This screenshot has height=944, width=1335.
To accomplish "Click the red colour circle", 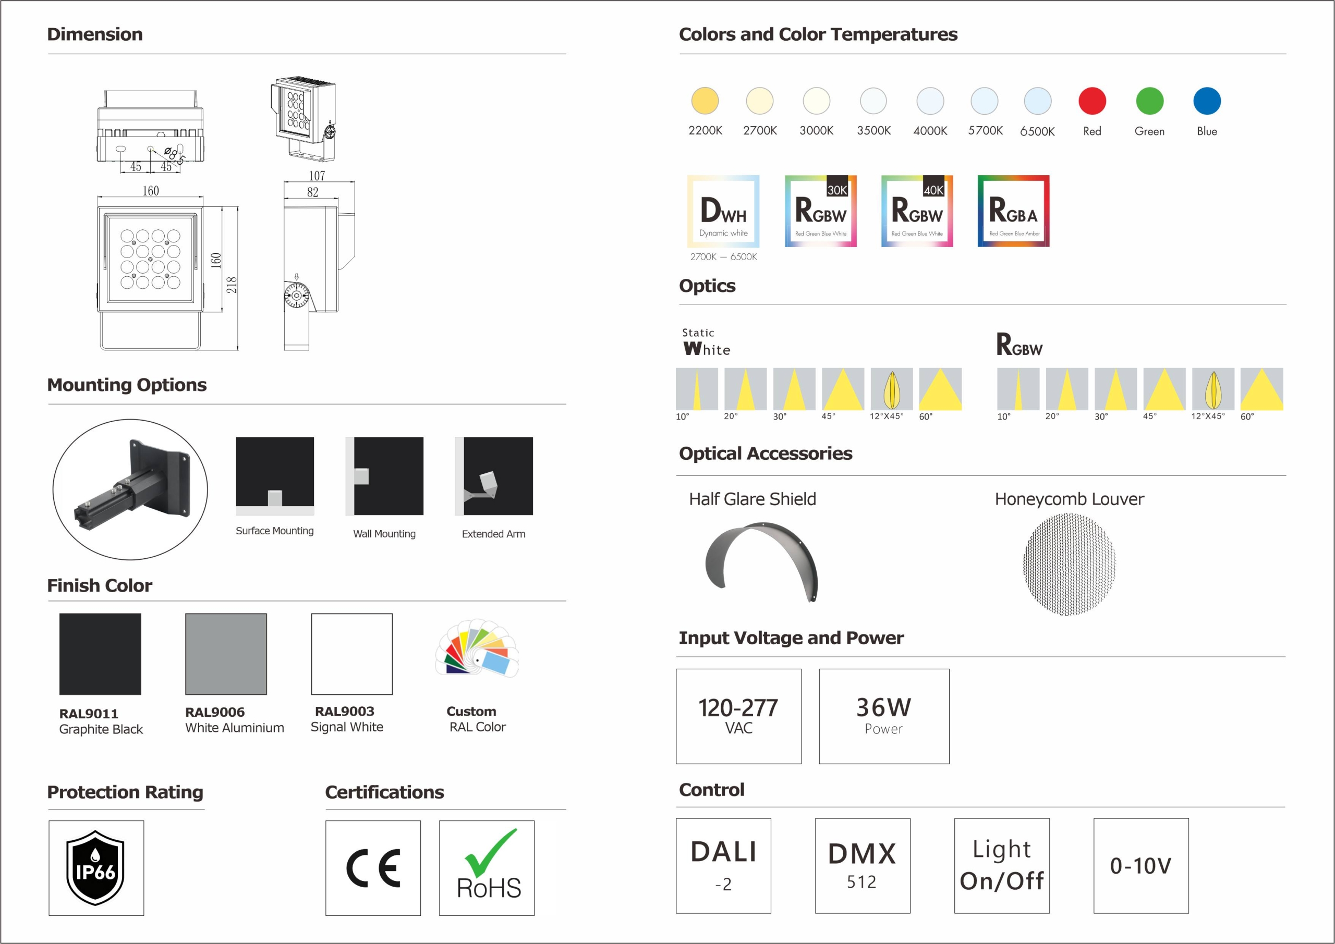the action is point(1092,101).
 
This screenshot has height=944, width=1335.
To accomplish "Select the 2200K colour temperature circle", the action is point(705,101).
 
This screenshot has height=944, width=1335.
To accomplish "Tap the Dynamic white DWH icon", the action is point(723,211).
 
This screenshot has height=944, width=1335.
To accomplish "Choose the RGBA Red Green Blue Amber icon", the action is point(1013,211).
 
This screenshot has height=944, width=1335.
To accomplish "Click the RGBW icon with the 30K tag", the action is point(820,211).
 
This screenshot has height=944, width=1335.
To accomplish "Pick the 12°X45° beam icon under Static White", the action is point(892,389).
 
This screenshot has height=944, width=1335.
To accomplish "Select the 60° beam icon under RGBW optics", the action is point(1262,389).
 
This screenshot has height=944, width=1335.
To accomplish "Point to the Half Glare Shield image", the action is point(762,561).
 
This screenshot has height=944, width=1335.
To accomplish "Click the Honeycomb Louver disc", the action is point(1069,565).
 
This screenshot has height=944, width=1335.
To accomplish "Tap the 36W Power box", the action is point(884,716).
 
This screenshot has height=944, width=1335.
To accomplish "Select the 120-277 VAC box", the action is point(738,716).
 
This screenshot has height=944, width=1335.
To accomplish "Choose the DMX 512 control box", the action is point(863,865).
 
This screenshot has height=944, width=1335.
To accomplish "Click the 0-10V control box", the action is point(1141,865).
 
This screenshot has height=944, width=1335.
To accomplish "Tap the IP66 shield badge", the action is point(95,868).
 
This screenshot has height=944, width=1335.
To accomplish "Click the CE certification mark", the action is point(373,868).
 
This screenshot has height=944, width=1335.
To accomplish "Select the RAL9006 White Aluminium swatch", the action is point(226,654).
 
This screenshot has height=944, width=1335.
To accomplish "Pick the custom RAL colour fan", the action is point(477,647).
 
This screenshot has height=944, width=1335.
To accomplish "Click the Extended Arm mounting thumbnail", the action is point(494,476).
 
